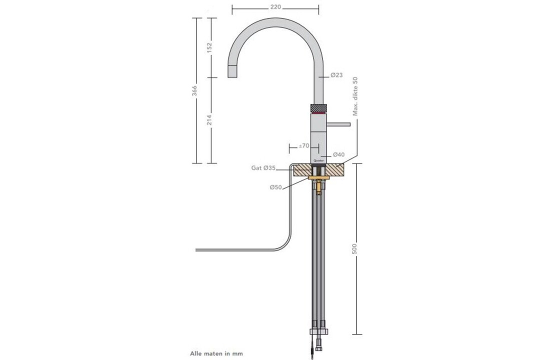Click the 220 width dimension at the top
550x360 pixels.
tap(275, 7)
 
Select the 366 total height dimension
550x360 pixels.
tap(195, 90)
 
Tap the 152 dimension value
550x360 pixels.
tap(209, 47)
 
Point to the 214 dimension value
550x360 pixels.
tap(209, 120)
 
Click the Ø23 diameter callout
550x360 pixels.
tap(337, 75)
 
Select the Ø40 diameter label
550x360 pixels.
tap(338, 154)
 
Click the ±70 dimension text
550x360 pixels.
tap(304, 145)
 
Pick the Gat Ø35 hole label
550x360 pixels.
tap(263, 168)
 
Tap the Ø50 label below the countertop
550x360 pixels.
tap(276, 187)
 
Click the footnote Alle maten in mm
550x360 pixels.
tap(216, 353)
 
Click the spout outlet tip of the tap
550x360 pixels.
tap(233, 71)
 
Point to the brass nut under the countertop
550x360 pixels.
tap(318, 177)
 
